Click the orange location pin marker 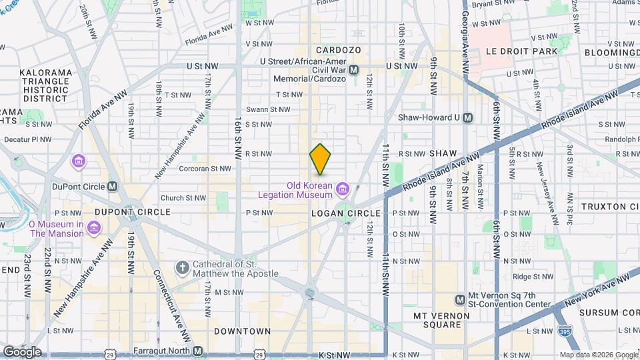tap(321, 159)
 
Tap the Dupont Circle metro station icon tap(112, 187)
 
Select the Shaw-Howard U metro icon tap(467, 117)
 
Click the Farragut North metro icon tap(197, 351)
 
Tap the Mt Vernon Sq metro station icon tap(460, 299)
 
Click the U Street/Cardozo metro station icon tap(354, 69)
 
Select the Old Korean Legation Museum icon tap(342, 190)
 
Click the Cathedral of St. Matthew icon tap(181, 269)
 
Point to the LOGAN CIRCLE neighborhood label tap(346, 213)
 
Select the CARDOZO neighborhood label tap(338, 50)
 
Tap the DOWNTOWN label tap(243, 331)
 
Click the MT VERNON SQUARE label tap(437, 320)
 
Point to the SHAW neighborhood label tap(443, 153)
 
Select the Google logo tap(22, 351)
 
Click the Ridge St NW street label tap(531, 276)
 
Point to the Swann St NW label tap(268, 109)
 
